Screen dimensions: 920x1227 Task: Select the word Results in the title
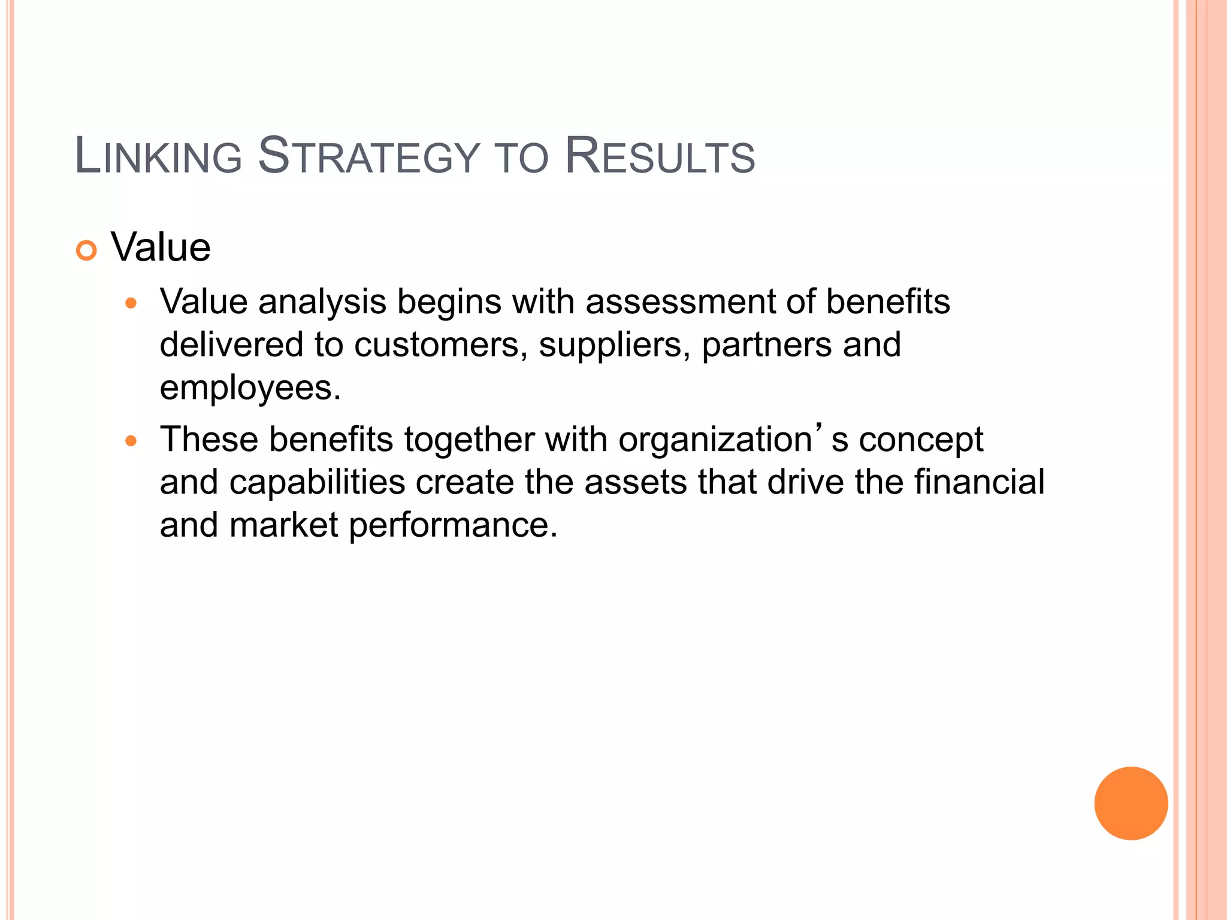(660, 157)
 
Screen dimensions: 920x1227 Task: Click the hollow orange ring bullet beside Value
(87, 250)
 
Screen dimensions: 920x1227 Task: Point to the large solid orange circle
(1131, 803)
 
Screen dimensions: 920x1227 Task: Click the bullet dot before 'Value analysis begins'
(131, 303)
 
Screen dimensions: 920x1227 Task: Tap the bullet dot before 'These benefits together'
(131, 441)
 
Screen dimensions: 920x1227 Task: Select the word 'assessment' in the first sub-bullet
(680, 301)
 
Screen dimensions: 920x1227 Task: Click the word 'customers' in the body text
(436, 345)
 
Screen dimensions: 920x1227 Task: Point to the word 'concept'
(921, 440)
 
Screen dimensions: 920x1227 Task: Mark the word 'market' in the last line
(283, 525)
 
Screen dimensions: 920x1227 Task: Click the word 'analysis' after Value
(322, 302)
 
